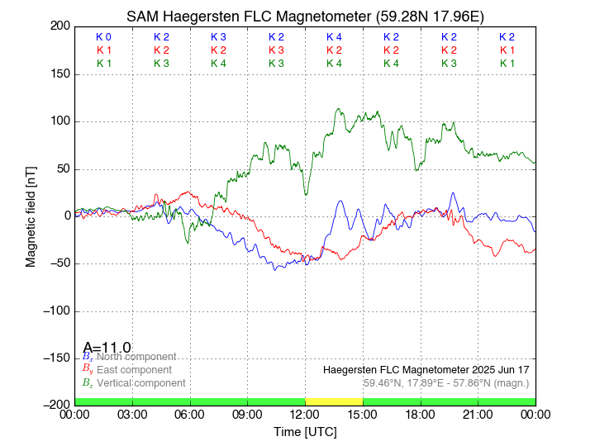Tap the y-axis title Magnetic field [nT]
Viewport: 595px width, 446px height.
31,215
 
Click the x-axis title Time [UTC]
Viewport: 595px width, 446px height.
305,432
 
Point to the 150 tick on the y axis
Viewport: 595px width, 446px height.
59,74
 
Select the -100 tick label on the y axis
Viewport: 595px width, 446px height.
55,311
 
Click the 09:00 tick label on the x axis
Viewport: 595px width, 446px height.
247,414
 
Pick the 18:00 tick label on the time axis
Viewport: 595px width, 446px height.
420,414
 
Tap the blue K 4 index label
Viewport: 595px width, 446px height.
334,37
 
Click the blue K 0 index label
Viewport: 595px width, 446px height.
103,37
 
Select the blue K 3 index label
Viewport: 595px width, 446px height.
218,37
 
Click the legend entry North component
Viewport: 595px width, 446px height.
129,356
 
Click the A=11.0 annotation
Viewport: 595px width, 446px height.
107,348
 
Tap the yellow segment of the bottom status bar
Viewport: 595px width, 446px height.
334,401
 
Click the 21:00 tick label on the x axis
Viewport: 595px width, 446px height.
478,414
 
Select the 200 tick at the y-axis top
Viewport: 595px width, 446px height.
59,26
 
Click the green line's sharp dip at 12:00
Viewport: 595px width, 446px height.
306,194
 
